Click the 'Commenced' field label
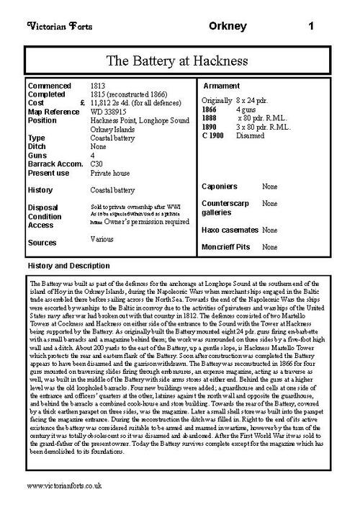coord(49,85)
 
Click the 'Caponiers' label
coord(220,186)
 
